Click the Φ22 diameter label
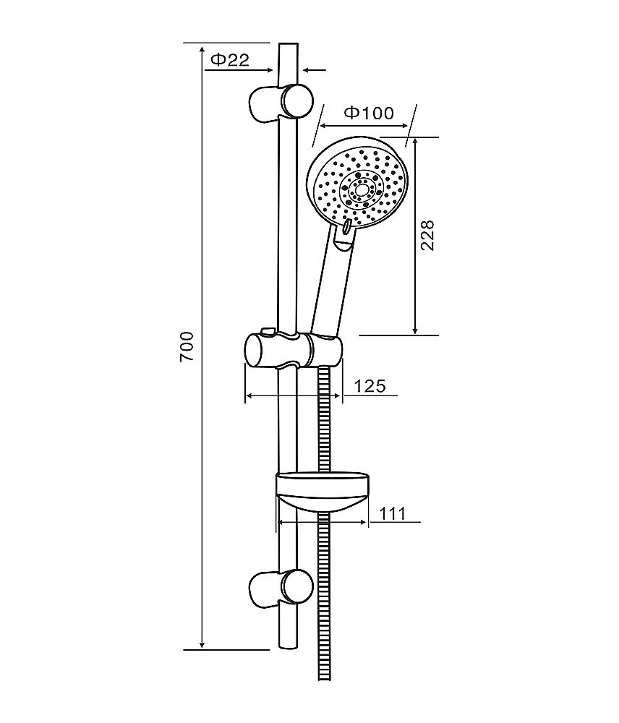pyautogui.click(x=230, y=59)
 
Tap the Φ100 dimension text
pyautogui.click(x=370, y=113)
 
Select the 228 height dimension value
pyautogui.click(x=427, y=235)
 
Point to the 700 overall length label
pyautogui.click(x=187, y=346)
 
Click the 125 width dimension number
pyautogui.click(x=370, y=385)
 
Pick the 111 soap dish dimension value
pyautogui.click(x=392, y=513)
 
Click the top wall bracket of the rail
pyautogui.click(x=281, y=103)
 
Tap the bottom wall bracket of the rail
pyautogui.click(x=281, y=587)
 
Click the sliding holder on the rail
pyautogui.click(x=294, y=351)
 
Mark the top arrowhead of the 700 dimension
pyautogui.click(x=202, y=48)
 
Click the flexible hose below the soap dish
pyautogui.click(x=324, y=595)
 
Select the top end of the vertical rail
pyautogui.click(x=289, y=44)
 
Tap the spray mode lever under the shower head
pyautogui.click(x=346, y=226)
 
